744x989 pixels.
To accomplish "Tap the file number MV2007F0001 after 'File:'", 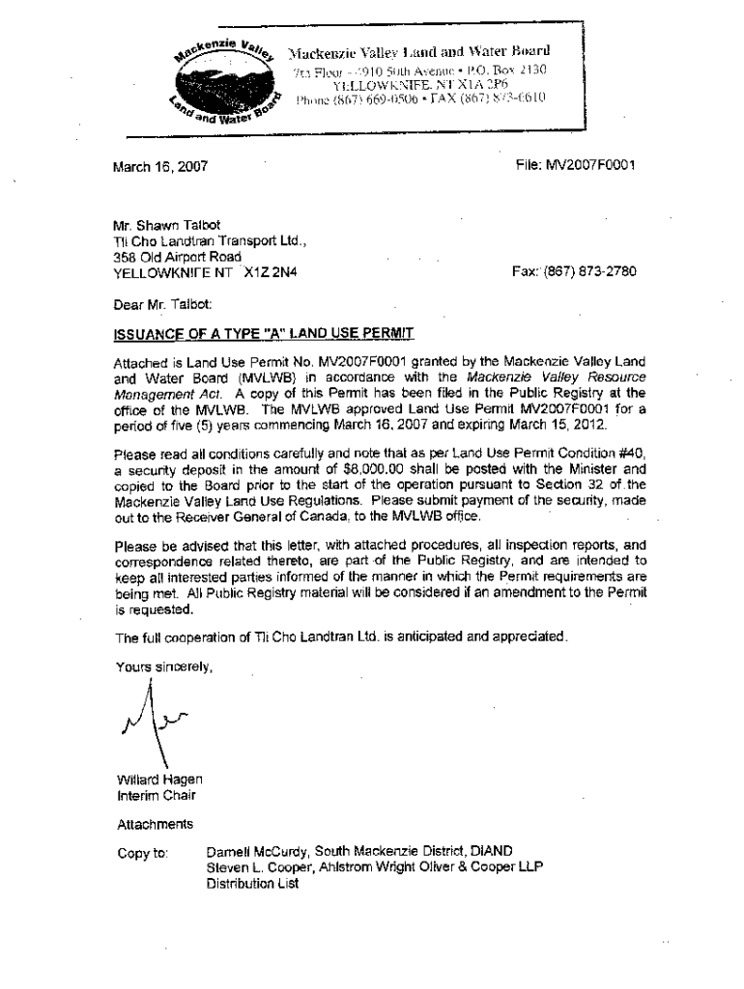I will [593, 166].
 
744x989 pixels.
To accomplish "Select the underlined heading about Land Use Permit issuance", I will [264, 334].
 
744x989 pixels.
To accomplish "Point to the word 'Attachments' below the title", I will [155, 824].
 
